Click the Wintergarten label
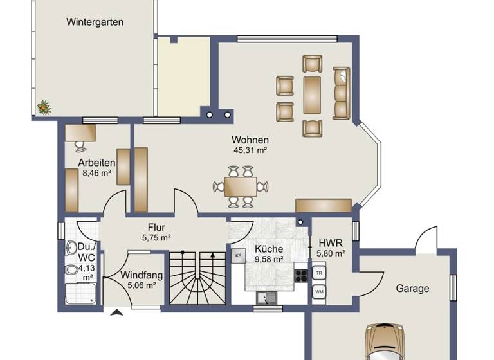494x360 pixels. tap(95, 22)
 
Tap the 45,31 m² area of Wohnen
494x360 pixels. tap(250, 150)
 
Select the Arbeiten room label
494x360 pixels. tap(96, 163)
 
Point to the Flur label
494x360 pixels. tap(157, 226)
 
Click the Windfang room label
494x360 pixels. tap(142, 276)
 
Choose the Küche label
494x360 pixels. tap(269, 249)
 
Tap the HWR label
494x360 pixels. tap(331, 243)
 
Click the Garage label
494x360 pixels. tap(412, 289)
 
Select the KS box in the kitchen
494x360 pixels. tap(237, 255)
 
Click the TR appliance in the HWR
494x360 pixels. tap(319, 273)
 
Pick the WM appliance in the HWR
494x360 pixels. tap(319, 292)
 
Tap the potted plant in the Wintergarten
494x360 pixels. tap(44, 107)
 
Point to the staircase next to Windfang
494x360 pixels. tap(197, 278)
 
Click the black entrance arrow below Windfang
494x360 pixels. tap(117, 313)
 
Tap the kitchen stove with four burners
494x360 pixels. tap(300, 276)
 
